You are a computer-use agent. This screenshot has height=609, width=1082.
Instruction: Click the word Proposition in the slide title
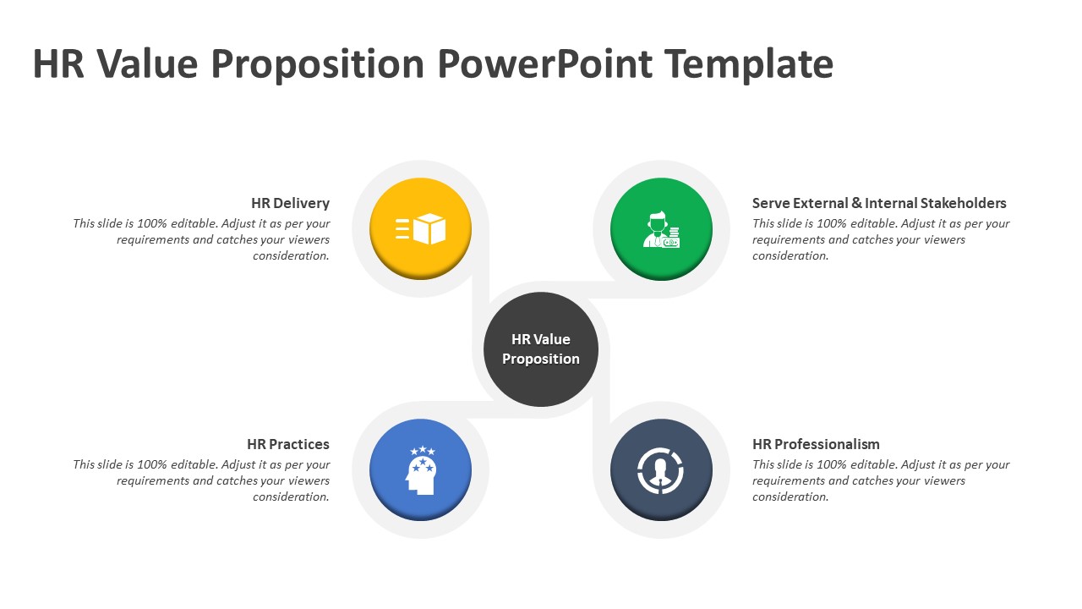(x=318, y=65)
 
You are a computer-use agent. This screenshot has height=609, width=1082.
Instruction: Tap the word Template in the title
(x=749, y=65)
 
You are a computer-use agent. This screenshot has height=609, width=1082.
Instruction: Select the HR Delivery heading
(x=290, y=203)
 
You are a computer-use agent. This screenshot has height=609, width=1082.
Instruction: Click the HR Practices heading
(x=288, y=444)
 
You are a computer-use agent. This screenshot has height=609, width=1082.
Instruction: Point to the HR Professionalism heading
(x=816, y=444)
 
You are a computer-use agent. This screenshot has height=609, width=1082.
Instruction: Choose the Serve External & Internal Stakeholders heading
(x=879, y=203)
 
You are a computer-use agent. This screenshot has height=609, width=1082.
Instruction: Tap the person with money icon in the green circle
(x=661, y=229)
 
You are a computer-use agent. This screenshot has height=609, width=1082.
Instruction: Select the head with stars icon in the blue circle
(x=421, y=469)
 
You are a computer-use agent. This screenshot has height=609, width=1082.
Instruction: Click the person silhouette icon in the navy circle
(x=661, y=471)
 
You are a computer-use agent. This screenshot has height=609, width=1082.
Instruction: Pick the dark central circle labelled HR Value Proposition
(x=541, y=349)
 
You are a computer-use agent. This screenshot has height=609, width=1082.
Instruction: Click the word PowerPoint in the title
(x=545, y=63)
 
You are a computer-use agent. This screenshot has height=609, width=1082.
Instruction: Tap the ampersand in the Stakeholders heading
(x=857, y=203)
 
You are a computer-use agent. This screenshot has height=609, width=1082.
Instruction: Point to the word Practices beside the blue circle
(x=299, y=444)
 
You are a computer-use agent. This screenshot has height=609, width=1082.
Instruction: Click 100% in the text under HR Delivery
(x=152, y=224)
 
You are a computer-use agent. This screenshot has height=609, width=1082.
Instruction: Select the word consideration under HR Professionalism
(x=790, y=497)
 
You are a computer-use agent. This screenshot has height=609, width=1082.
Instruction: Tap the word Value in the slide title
(x=147, y=63)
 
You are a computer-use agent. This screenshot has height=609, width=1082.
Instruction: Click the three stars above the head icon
(x=423, y=451)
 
